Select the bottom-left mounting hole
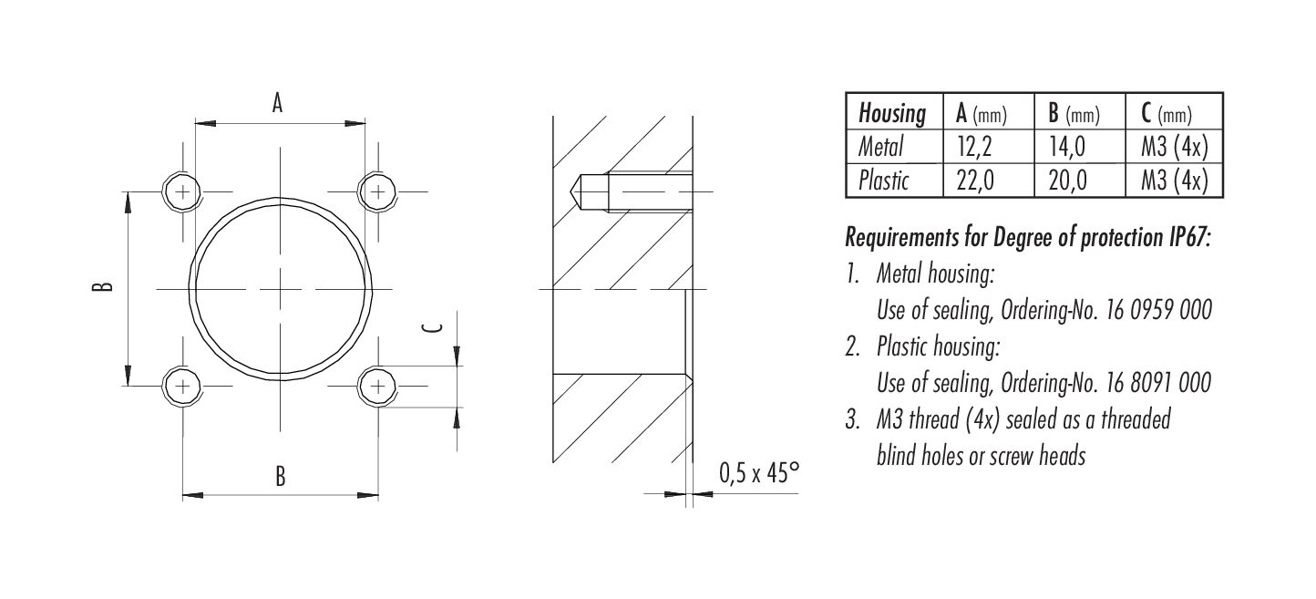(183, 386)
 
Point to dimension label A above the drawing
(278, 103)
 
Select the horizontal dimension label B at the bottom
(281, 476)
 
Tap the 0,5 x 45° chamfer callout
(758, 473)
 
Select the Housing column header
(892, 114)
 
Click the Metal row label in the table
(881, 147)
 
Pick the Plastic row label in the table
(883, 181)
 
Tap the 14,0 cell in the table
(1067, 148)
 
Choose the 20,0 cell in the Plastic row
(1067, 181)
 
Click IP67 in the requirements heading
(1184, 238)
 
